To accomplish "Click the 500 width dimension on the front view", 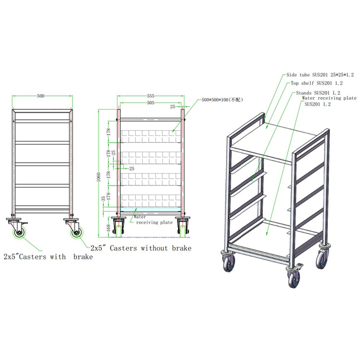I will click(41, 97).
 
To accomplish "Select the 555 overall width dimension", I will click(150, 97).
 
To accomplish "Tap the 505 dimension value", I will click(150, 102).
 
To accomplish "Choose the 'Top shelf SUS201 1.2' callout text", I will click(316, 83).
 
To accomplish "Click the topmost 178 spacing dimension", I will click(109, 131).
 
